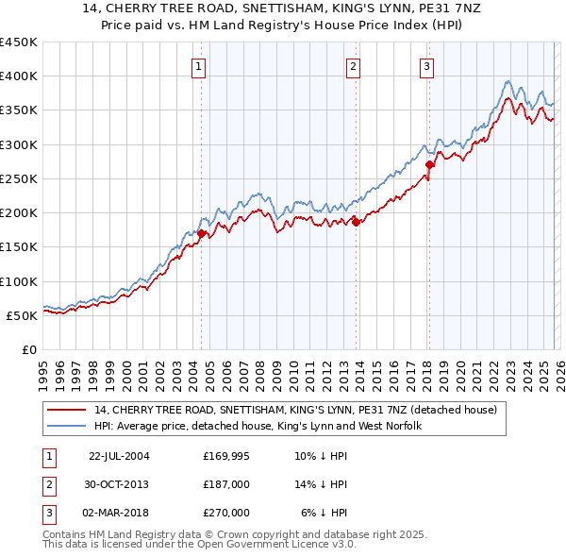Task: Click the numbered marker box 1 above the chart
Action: (201, 66)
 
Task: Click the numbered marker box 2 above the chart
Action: (352, 66)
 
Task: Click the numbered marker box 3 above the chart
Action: (426, 66)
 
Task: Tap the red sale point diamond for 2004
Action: (202, 233)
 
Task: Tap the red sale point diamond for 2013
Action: (356, 222)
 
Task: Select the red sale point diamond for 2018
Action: (428, 165)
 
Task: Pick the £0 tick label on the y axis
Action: (28, 349)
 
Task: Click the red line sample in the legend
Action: (67, 410)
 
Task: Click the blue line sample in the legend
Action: (67, 426)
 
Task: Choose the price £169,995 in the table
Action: (225, 456)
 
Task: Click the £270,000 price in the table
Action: (225, 513)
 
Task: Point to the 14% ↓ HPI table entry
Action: (322, 484)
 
